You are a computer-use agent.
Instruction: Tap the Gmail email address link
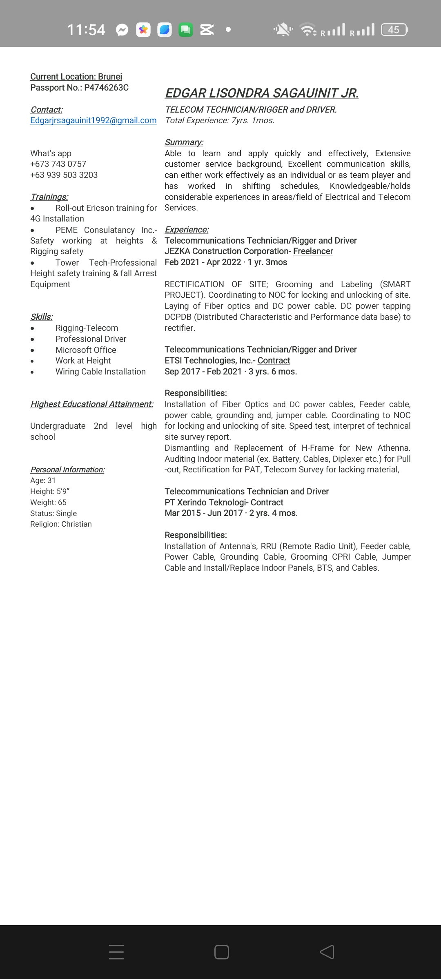pyautogui.click(x=93, y=120)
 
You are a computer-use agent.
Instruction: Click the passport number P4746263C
pyautogui.click(x=106, y=88)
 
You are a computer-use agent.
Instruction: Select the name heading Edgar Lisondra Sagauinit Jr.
pyautogui.click(x=262, y=93)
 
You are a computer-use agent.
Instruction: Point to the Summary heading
pyautogui.click(x=184, y=142)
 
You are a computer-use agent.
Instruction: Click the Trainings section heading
pyautogui.click(x=49, y=197)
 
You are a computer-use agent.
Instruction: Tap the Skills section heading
pyautogui.click(x=42, y=317)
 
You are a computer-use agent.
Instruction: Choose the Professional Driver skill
pyautogui.click(x=91, y=339)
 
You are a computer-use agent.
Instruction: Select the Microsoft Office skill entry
pyautogui.click(x=86, y=350)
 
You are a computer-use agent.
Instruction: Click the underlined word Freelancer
pyautogui.click(x=313, y=251)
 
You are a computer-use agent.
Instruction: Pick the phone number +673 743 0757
pyautogui.click(x=58, y=164)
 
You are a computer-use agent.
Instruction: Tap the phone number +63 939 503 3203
pyautogui.click(x=64, y=175)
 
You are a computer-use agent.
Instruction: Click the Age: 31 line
pyautogui.click(x=43, y=481)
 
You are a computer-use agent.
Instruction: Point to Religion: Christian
pyautogui.click(x=61, y=524)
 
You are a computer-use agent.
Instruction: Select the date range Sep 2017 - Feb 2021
pyautogui.click(x=203, y=372)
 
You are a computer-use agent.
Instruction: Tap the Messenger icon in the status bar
pyautogui.click(x=122, y=30)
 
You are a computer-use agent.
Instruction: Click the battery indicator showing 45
pyautogui.click(x=394, y=30)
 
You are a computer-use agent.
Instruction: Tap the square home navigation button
pyautogui.click(x=221, y=952)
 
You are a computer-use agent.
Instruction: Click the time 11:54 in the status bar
pyautogui.click(x=86, y=30)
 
